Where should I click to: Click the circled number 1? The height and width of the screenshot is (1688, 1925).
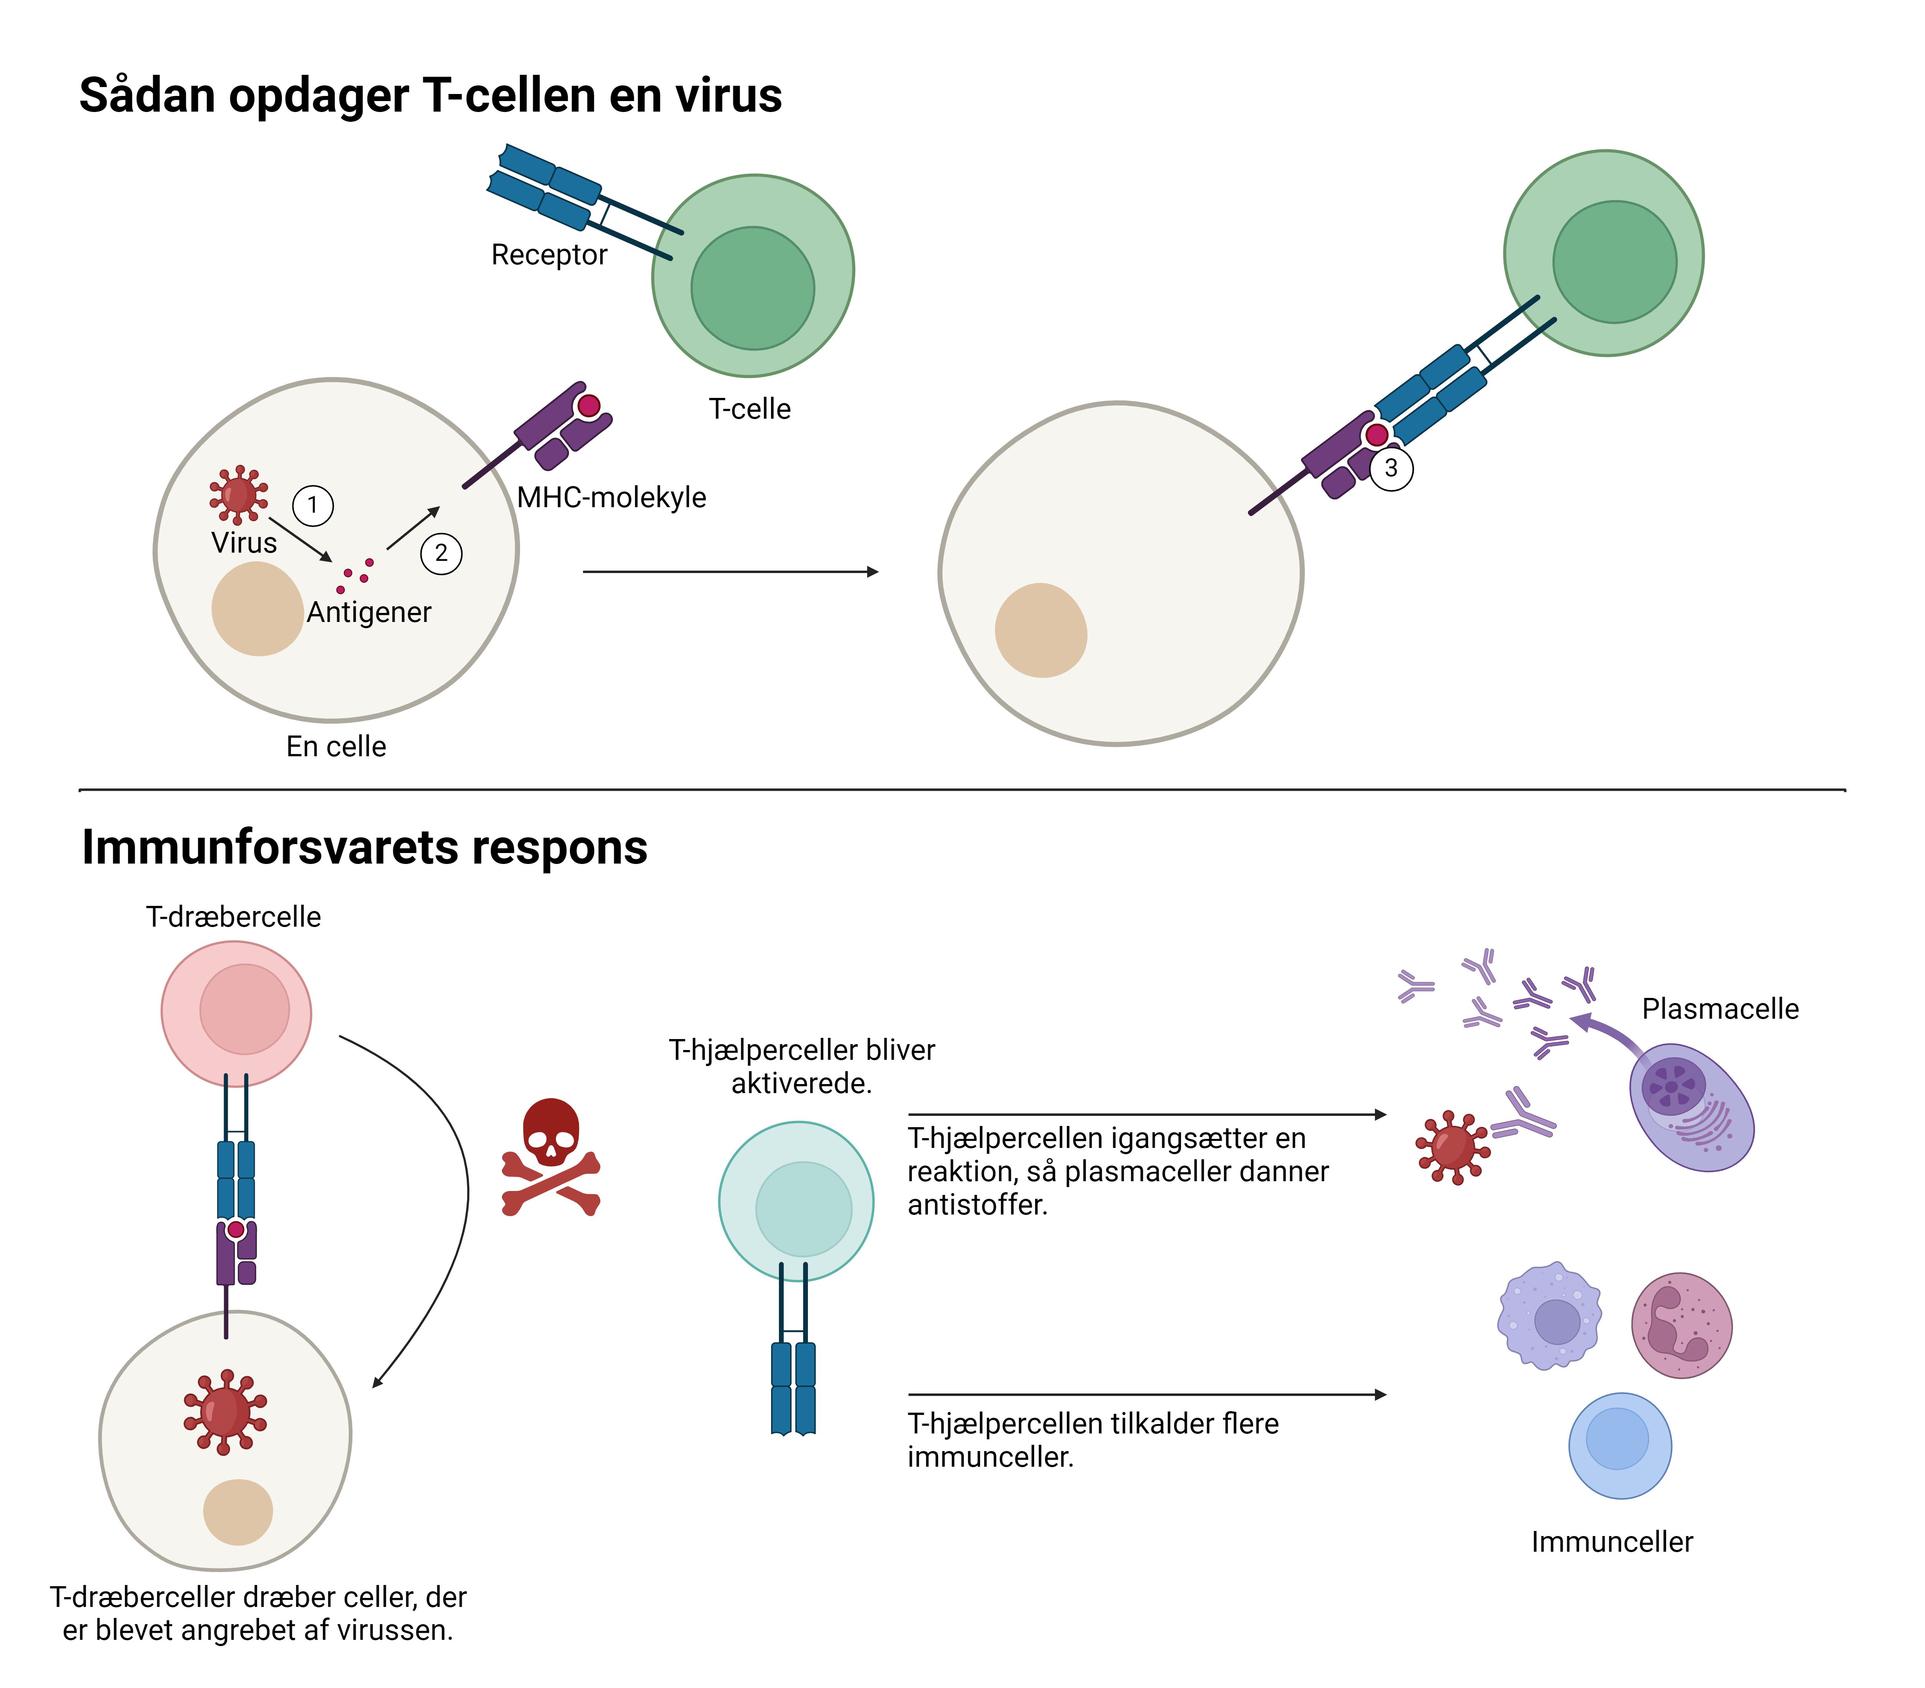click(x=313, y=506)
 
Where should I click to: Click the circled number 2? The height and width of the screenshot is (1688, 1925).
click(x=441, y=553)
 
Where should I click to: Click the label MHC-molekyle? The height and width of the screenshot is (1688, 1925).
click(x=611, y=497)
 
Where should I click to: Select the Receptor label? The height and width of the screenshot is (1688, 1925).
click(x=549, y=255)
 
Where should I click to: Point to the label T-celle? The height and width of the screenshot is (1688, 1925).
click(x=750, y=410)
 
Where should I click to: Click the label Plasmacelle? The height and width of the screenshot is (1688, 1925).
click(x=1720, y=1009)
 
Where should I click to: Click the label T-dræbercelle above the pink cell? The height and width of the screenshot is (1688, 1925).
click(x=234, y=917)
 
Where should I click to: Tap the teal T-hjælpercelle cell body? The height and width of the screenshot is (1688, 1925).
click(x=797, y=1202)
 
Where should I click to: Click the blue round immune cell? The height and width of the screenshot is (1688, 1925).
click(x=1620, y=1445)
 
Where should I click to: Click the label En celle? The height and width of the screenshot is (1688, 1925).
click(x=336, y=746)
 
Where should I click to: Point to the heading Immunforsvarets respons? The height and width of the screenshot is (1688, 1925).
click(x=364, y=847)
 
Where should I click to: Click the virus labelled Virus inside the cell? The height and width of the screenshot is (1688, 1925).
click(x=238, y=493)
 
